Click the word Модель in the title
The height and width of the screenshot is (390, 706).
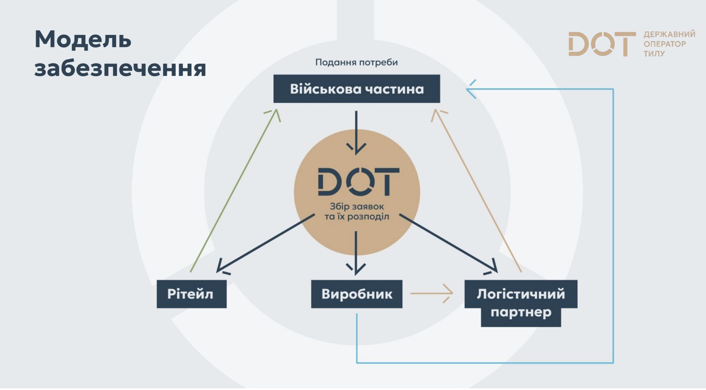tap(83, 39)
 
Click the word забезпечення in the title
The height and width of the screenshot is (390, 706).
tap(120, 68)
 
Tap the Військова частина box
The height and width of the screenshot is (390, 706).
tap(356, 89)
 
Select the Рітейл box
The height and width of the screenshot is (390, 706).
tap(191, 294)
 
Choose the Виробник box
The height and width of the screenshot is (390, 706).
tap(356, 294)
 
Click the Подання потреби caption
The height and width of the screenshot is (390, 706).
tap(356, 62)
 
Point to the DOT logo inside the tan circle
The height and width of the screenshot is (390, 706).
tap(358, 182)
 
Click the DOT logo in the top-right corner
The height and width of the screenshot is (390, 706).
tap(602, 44)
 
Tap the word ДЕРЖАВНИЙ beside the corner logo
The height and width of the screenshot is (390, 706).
tap(669, 34)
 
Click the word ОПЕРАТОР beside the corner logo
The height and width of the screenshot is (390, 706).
tap(665, 44)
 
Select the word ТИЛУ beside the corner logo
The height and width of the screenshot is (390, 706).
tap(654, 54)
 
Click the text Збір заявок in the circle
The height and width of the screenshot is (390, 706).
tap(357, 206)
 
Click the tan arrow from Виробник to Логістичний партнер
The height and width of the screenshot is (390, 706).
tap(431, 294)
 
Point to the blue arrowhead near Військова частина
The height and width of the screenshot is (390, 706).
tap(471, 89)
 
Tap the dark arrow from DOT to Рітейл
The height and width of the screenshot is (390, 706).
tap(265, 243)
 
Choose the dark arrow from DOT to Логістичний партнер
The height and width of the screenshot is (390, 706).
tap(448, 243)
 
